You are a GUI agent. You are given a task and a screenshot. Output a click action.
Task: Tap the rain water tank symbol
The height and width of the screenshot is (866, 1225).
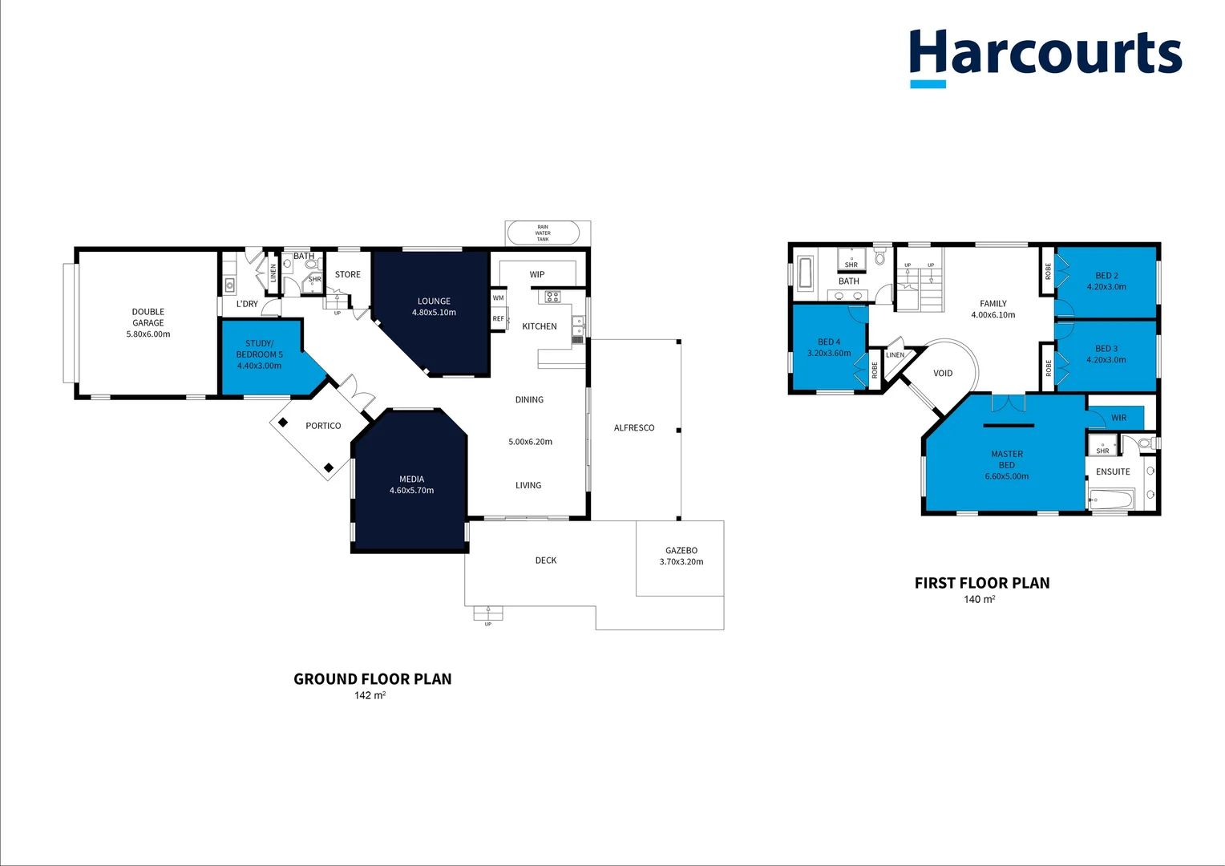(x=543, y=233)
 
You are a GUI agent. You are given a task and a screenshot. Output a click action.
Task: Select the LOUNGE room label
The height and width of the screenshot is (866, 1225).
(x=434, y=301)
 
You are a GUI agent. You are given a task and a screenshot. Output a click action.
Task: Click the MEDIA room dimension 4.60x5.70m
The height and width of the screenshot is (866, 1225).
(x=411, y=491)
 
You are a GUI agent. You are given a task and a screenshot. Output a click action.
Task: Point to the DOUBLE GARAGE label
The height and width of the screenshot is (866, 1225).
(x=148, y=318)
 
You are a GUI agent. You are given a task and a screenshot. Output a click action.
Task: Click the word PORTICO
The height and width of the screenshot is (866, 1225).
(x=323, y=426)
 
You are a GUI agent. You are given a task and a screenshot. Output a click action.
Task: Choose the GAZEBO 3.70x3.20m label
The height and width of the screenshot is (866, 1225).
(x=681, y=556)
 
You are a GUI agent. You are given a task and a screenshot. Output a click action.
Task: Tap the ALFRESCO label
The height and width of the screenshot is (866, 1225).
(x=634, y=428)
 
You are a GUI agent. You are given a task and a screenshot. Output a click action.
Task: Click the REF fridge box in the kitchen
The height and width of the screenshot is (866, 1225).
(x=499, y=319)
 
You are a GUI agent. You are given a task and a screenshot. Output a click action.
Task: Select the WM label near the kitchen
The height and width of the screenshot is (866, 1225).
(x=499, y=298)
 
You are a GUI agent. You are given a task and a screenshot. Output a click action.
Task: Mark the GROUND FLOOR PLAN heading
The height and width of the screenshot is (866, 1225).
(x=373, y=679)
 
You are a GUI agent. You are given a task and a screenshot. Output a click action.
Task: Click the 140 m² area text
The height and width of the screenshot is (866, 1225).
(x=979, y=600)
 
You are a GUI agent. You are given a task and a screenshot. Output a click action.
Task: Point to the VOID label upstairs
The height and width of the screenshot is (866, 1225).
(x=943, y=374)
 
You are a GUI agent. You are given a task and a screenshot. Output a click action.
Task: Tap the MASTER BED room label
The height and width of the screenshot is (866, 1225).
(x=1007, y=459)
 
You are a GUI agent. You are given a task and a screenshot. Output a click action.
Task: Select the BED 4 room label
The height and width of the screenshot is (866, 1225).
(x=829, y=342)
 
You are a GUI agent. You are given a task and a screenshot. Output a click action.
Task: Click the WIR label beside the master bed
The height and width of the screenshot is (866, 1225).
(x=1118, y=418)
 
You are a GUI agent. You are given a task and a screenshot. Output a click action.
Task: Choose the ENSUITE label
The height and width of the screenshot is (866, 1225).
(x=1113, y=472)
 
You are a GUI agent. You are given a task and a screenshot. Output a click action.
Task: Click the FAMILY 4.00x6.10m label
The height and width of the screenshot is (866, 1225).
(x=993, y=310)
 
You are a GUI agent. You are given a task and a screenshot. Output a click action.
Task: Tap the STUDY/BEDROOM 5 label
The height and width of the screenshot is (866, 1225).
(x=259, y=349)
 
